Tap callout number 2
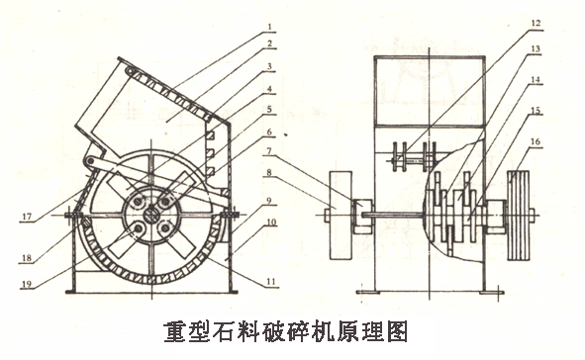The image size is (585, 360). pyautogui.click(x=269, y=45)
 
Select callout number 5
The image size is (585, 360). pyautogui.click(x=269, y=109)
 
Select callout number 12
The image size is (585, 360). pyautogui.click(x=508, y=22)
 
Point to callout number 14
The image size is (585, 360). pyautogui.click(x=508, y=78)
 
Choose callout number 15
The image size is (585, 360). pyautogui.click(x=508, y=110)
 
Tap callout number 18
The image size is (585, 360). pyautogui.click(x=24, y=257)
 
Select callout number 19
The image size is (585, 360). pyautogui.click(x=24, y=288)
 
